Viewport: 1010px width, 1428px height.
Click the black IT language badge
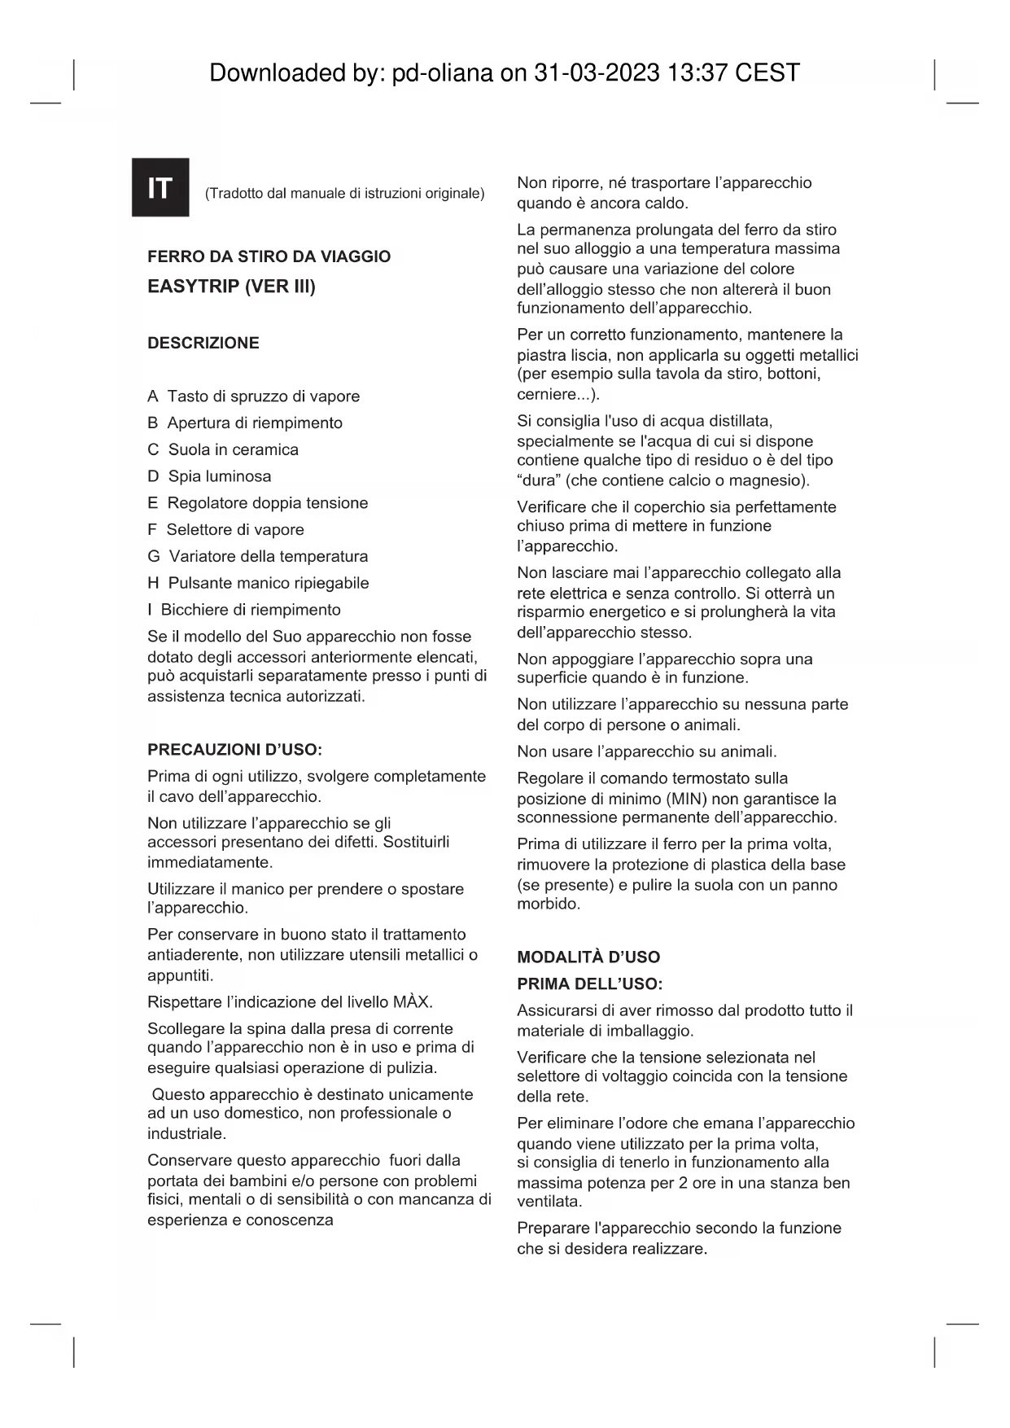160,187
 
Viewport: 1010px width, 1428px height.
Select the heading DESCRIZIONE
203,343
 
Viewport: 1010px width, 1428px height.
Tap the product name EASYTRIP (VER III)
231,287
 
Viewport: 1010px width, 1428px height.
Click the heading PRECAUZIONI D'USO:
234,750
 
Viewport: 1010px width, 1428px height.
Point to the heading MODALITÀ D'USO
588,957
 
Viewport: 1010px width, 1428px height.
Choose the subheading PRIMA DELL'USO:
590,983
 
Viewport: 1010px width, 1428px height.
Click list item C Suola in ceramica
223,449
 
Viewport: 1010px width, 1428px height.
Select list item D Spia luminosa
209,476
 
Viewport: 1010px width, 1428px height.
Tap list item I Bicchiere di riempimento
244,610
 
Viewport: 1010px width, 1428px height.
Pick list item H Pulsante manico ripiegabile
258,583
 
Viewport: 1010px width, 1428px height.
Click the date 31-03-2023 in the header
597,73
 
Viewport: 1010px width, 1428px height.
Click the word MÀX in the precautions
411,1001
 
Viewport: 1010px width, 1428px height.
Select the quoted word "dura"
537,480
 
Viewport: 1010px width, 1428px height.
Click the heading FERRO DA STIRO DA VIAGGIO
269,256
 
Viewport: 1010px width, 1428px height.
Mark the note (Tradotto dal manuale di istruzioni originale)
344,194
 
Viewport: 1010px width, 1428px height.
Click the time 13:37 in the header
697,73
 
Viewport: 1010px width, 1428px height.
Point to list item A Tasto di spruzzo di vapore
253,396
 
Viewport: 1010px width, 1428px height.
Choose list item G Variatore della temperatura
257,556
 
